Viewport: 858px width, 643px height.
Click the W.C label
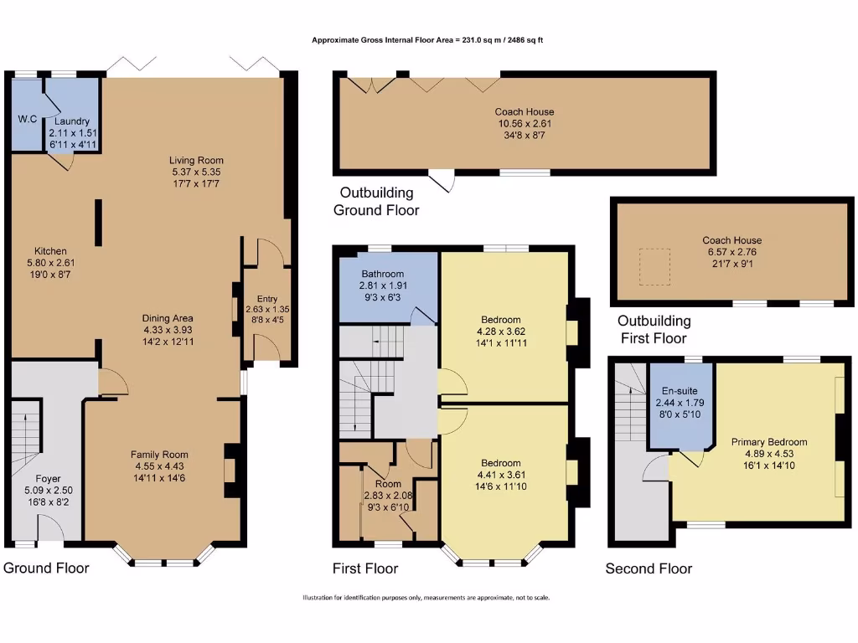pyautogui.click(x=28, y=119)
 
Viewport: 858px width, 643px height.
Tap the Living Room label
pyautogui.click(x=196, y=160)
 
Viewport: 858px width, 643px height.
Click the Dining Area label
pyautogui.click(x=168, y=318)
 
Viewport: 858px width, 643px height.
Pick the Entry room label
pyautogui.click(x=267, y=298)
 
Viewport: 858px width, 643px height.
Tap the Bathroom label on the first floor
pyautogui.click(x=383, y=274)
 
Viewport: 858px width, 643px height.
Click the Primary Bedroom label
pyautogui.click(x=768, y=442)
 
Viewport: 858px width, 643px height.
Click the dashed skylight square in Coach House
pyautogui.click(x=655, y=265)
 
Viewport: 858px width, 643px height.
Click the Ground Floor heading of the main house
pyautogui.click(x=46, y=568)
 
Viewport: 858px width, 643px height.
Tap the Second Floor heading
pyautogui.click(x=649, y=568)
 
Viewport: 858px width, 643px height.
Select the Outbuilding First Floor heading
pyautogui.click(x=654, y=329)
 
